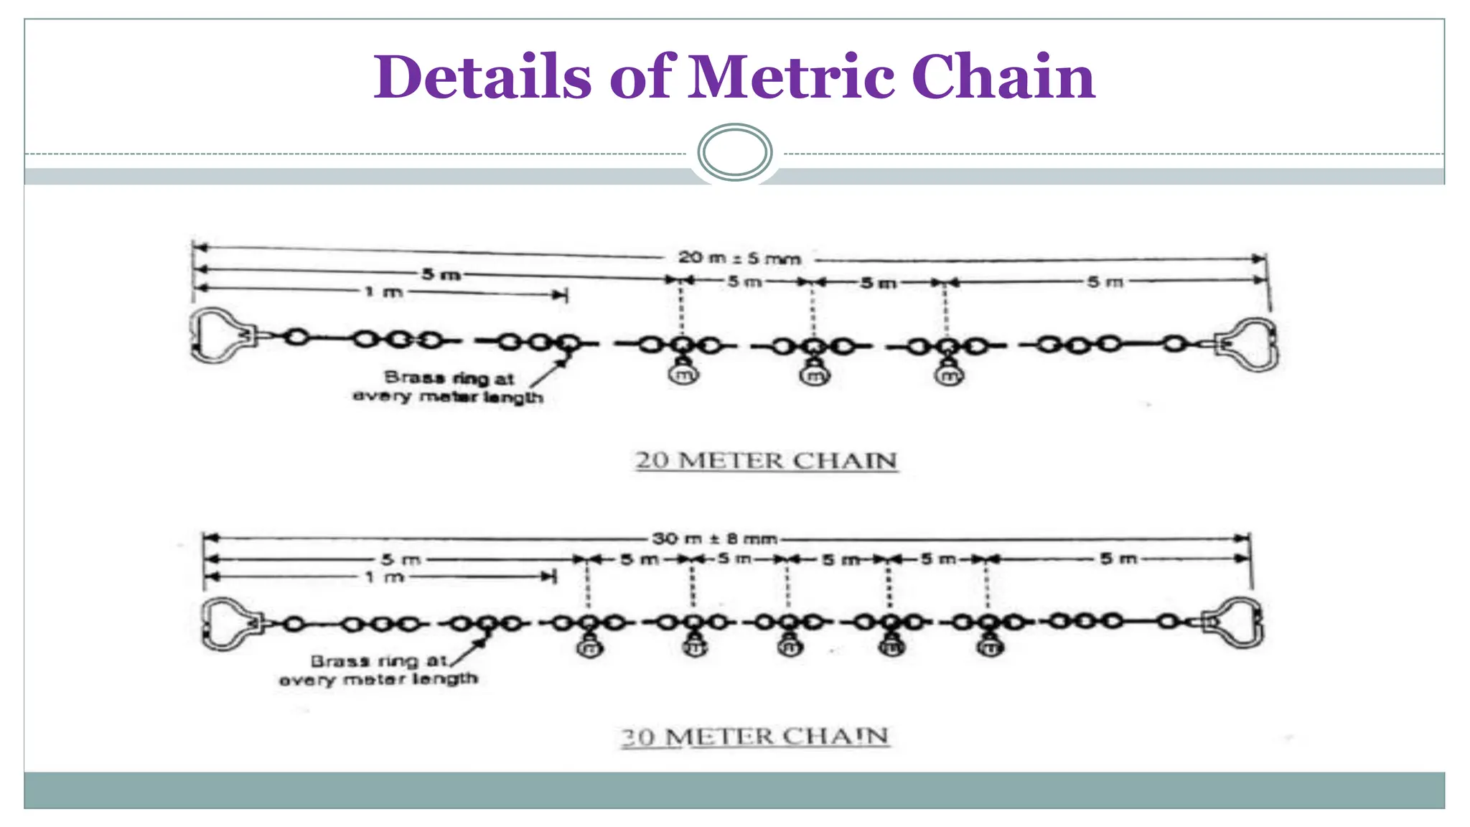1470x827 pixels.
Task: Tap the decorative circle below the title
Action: click(x=734, y=152)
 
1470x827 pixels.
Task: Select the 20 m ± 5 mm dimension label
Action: click(x=739, y=258)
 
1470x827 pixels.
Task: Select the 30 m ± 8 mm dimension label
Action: click(x=715, y=538)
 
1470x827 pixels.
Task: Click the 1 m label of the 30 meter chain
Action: click(x=385, y=576)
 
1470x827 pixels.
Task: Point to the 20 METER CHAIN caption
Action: click(x=766, y=460)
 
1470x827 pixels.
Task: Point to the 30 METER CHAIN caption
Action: click(x=755, y=737)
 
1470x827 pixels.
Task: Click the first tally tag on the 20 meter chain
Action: click(x=683, y=373)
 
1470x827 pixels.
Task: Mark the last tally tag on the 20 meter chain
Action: click(x=949, y=374)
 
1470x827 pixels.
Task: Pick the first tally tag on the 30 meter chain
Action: click(x=589, y=648)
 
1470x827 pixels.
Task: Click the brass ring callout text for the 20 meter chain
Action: click(x=448, y=387)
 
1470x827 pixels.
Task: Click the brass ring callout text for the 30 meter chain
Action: click(x=378, y=670)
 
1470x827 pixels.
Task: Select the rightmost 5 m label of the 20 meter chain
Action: click(x=1105, y=281)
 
